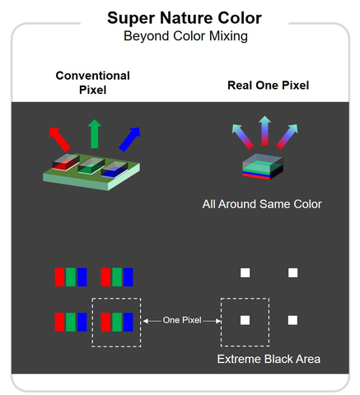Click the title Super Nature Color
[179, 18]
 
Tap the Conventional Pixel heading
[92, 81]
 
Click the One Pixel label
[181, 320]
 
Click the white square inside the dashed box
[245, 320]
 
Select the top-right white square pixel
[292, 272]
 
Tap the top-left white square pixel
[245, 272]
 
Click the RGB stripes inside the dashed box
[116, 320]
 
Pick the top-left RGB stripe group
[70, 276]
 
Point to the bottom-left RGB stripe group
[70, 320]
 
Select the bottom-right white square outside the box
[292, 320]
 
